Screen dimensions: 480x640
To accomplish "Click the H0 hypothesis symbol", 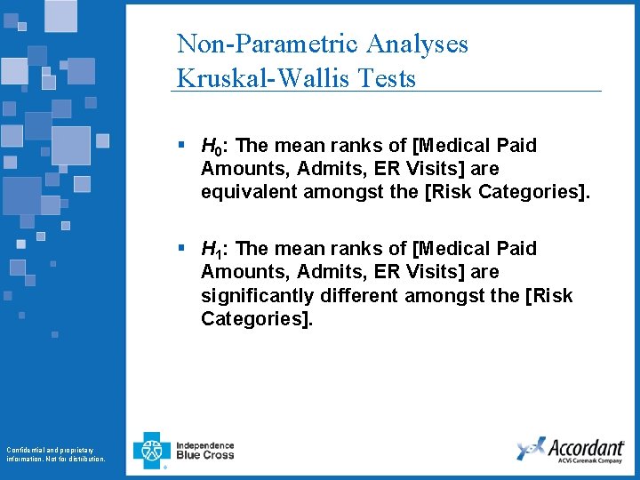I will pos(212,146).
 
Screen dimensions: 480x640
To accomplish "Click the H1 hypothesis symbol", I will pos(212,250).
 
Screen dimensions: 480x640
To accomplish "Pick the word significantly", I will pos(253,295).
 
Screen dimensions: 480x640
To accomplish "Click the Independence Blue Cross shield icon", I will pos(151,451).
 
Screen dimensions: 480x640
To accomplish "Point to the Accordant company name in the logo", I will pos(586,446).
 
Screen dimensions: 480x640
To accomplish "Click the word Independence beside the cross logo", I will pos(205,445).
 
